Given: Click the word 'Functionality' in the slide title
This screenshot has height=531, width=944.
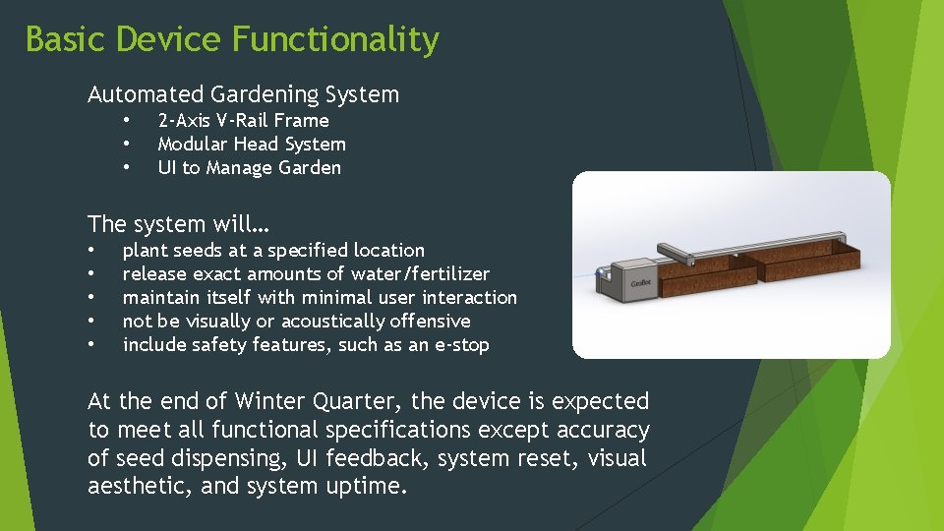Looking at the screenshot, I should (x=335, y=40).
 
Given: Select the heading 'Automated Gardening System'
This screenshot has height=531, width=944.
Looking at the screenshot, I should (x=243, y=95).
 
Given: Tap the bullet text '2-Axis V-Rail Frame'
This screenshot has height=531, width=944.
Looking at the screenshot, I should (x=243, y=121).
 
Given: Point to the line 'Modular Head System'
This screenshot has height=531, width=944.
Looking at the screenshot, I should (x=252, y=145).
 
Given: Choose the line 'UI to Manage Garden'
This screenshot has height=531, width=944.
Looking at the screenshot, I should (x=249, y=168).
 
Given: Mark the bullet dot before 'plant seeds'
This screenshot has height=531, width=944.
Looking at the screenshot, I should (x=91, y=251).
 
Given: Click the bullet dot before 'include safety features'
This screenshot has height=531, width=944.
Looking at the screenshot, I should (x=91, y=345).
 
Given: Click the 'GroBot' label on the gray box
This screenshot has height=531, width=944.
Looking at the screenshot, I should (x=640, y=283).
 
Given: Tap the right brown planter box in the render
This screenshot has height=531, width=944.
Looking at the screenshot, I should (x=806, y=264).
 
